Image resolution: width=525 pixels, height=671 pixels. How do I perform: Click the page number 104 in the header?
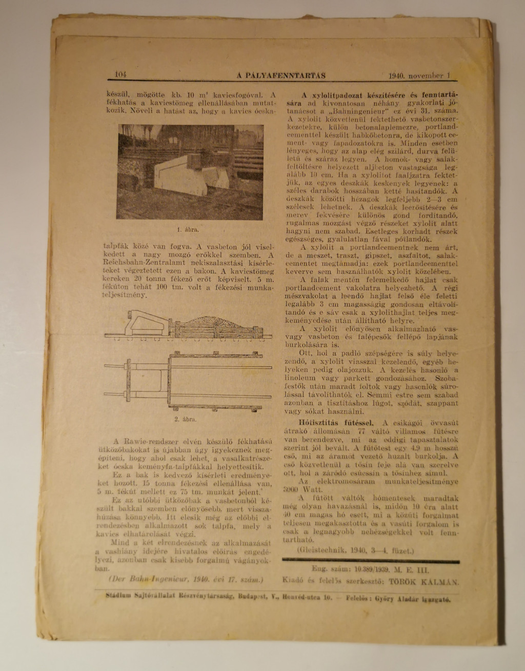click(121, 74)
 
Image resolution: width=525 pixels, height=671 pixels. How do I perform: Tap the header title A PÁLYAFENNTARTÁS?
click(281, 75)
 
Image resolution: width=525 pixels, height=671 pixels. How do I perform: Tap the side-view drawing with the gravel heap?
click(188, 325)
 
